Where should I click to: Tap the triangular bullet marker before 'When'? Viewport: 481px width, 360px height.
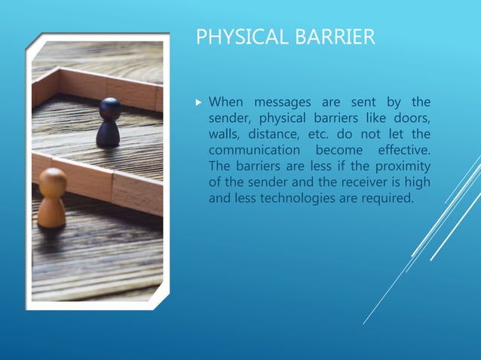[x=199, y=102]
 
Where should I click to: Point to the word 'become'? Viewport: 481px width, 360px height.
[x=332, y=150]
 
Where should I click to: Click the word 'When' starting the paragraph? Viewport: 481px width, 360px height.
[x=225, y=102]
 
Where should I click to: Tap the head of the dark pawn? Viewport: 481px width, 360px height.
[x=110, y=108]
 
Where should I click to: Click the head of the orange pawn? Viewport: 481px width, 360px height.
[x=52, y=182]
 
